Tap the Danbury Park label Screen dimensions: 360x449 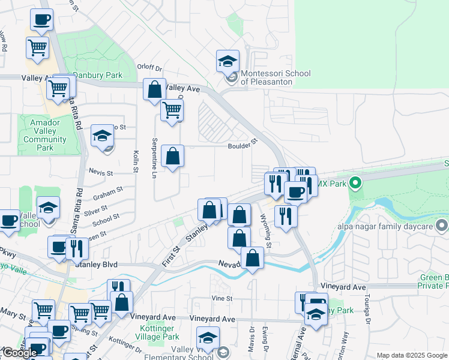pos(98,76)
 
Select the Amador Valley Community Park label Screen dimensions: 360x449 pos(45,135)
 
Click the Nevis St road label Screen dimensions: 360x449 pos(101,173)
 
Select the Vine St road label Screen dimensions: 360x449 pos(221,298)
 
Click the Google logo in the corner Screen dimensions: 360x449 pos(20,353)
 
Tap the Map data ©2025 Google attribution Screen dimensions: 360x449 pos(412,355)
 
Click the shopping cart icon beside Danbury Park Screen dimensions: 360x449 pos(58,88)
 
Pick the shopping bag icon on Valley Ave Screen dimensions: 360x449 pos(154,89)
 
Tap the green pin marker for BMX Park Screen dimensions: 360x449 pos(355,182)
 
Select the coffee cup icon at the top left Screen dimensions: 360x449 pos(41,19)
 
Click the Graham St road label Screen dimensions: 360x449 pos(108,193)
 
